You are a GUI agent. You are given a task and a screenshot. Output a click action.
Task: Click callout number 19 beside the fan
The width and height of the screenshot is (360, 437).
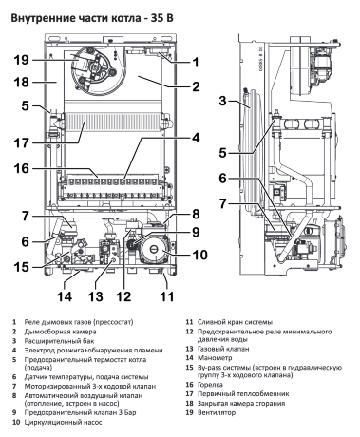coord(21,60)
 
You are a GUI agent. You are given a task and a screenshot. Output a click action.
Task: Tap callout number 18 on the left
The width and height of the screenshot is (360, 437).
coord(21,83)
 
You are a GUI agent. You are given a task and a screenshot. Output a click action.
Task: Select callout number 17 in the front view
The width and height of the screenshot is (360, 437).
coord(21,143)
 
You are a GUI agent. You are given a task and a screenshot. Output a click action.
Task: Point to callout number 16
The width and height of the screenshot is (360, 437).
coord(21,168)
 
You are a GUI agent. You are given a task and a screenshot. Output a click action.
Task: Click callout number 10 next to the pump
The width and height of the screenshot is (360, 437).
coord(199,255)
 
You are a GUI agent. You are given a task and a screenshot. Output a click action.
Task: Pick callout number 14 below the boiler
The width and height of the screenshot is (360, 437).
coord(65,296)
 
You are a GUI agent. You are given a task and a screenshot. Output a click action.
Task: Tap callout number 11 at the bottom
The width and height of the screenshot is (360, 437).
coord(166,296)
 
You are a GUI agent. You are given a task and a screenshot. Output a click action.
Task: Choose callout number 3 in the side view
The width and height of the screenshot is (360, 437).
coord(223,102)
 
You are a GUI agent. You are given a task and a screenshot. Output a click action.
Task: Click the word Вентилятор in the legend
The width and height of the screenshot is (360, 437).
coord(217,412)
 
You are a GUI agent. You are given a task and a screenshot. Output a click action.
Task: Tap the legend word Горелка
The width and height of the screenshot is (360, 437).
coord(210,385)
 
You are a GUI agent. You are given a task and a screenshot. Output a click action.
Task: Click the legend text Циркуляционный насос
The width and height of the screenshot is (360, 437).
coord(63,422)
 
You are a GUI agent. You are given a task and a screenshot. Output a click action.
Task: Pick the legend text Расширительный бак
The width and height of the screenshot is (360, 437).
coord(59,341)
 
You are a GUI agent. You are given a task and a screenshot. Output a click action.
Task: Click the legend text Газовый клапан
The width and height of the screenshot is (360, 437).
coord(223,349)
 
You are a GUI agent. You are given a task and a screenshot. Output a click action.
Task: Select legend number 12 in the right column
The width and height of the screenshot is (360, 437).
coord(189,332)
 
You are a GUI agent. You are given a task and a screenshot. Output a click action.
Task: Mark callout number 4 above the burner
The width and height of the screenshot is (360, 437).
coord(196,138)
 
